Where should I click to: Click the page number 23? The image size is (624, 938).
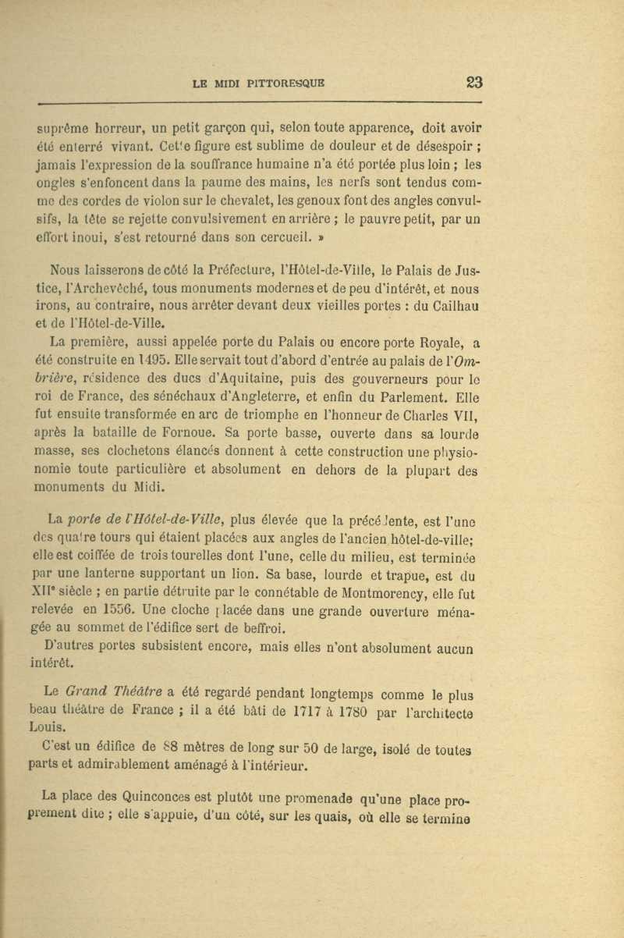click(474, 83)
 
